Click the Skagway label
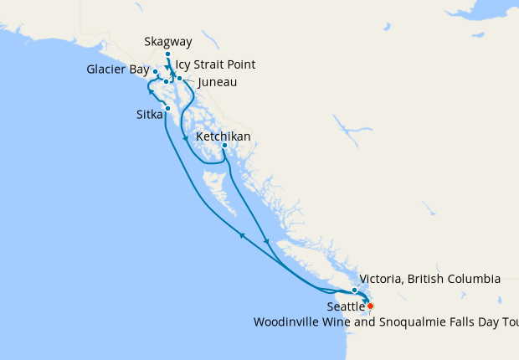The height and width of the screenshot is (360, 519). [x=167, y=41]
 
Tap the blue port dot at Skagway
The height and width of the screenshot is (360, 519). [x=167, y=54]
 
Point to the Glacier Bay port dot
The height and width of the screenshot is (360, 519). [x=156, y=72]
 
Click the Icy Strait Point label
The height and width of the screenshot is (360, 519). [x=215, y=64]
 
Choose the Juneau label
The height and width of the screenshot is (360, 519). [x=217, y=82]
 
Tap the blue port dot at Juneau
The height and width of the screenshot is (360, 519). [x=180, y=78]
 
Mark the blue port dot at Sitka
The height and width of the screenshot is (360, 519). [x=168, y=108]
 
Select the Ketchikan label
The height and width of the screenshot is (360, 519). [x=223, y=136]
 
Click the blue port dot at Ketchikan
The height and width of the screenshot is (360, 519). [x=224, y=146]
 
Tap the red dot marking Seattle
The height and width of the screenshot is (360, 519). [x=371, y=306]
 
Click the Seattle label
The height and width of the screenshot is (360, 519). [x=346, y=307]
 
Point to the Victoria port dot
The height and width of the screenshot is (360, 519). [x=355, y=290]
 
